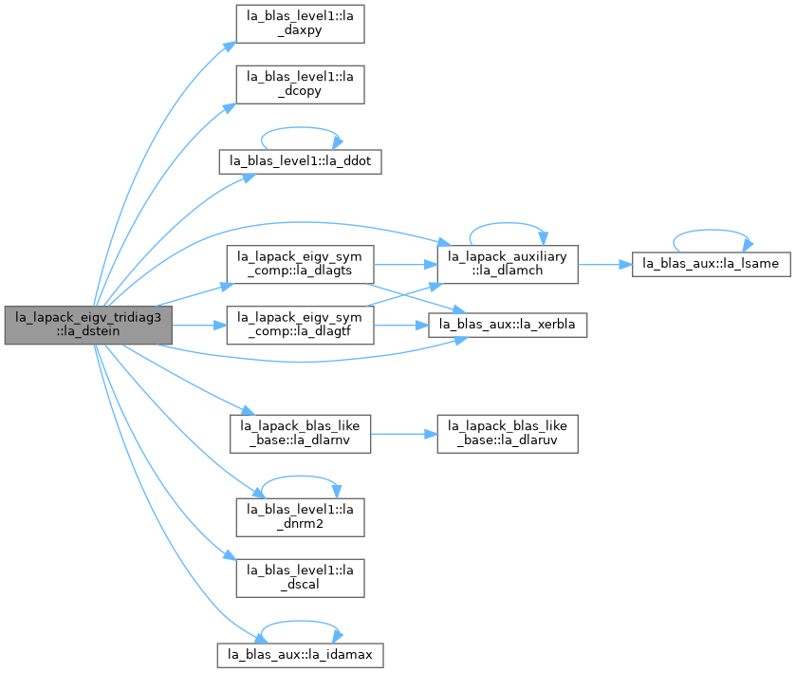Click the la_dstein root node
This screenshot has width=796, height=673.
tap(88, 325)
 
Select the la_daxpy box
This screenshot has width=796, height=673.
tap(300, 24)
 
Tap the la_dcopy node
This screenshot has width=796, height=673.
tap(300, 84)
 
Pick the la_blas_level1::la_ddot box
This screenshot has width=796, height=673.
tap(300, 161)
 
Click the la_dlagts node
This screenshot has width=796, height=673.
tap(300, 265)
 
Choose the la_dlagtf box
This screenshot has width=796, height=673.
tap(300, 325)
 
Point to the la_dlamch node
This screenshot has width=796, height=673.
tap(508, 265)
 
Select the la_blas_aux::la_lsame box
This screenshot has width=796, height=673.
tap(712, 264)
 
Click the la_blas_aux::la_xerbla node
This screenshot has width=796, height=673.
tap(508, 325)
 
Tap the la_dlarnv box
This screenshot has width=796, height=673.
tap(300, 435)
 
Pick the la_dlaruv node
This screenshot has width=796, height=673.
tap(508, 435)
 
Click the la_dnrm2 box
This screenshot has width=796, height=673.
tap(300, 517)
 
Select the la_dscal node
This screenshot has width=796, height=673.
tap(300, 578)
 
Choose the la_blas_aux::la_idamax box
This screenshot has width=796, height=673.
tap(300, 655)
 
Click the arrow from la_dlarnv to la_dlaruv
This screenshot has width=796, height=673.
tap(404, 435)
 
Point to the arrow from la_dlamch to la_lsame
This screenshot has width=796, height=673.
tap(605, 265)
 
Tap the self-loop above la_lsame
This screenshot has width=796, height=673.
tap(712, 230)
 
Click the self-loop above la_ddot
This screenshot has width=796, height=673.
tap(300, 127)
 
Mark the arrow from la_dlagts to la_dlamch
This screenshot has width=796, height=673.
tap(406, 265)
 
